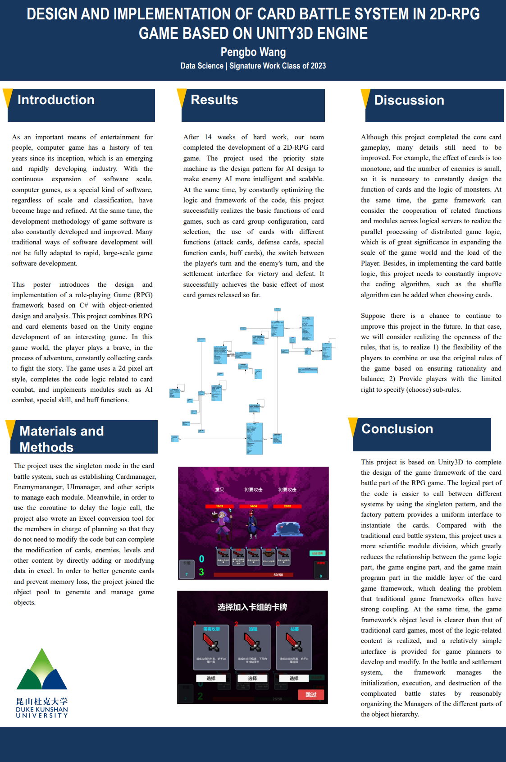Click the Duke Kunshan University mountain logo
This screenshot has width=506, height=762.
point(42,669)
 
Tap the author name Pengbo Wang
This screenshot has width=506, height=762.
point(253,52)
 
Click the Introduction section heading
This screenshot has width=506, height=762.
point(56,100)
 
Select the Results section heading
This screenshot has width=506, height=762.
point(214,100)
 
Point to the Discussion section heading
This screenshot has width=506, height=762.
point(409,100)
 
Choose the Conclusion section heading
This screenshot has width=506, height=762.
point(397,429)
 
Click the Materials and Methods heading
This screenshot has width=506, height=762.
point(61,439)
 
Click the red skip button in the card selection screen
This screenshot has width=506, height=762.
point(311,694)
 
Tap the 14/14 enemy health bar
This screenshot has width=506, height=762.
point(253,506)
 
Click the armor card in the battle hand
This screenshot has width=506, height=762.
point(269,556)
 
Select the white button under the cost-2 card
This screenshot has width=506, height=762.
point(252,678)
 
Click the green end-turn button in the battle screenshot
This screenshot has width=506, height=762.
point(317,553)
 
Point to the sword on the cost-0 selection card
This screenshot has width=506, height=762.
point(294,642)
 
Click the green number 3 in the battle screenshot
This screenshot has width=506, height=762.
point(201,572)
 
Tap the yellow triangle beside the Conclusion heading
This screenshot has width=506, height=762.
point(353,426)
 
